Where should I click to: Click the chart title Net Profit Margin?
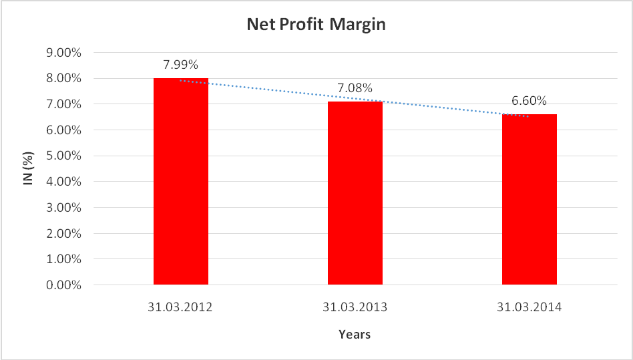point(316,25)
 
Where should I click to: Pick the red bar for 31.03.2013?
point(355,194)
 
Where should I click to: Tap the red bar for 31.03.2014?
point(529,200)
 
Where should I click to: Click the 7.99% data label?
point(180,65)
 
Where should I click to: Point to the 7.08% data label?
point(355,88)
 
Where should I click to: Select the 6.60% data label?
point(529,101)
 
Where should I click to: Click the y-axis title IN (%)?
point(29,169)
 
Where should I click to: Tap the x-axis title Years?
point(354,334)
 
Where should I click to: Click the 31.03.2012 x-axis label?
point(180,308)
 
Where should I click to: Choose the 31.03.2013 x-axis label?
point(355,308)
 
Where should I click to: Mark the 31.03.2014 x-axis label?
point(529,308)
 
